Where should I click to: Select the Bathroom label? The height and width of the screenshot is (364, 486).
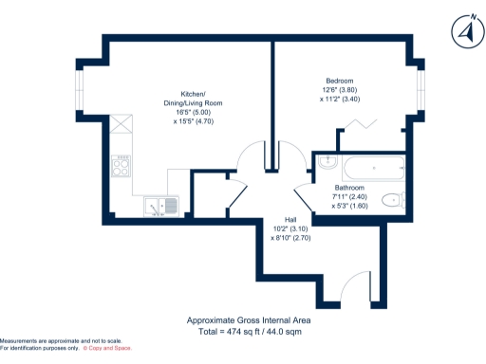click(x=349, y=188)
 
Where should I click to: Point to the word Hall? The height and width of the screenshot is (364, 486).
click(x=280, y=219)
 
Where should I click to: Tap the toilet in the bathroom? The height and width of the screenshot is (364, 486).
click(x=394, y=200)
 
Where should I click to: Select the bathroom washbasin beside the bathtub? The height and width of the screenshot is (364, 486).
click(x=327, y=163)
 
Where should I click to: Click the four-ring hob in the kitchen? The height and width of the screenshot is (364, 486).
click(x=121, y=168)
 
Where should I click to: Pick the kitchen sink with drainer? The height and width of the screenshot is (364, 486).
click(x=161, y=206)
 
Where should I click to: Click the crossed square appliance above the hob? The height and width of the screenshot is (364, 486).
click(x=121, y=122)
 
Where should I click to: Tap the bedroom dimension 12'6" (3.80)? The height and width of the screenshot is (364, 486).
click(x=339, y=91)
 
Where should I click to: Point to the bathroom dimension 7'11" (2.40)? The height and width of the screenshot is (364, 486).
click(x=349, y=196)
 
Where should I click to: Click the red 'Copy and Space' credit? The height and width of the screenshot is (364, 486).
click(x=108, y=348)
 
